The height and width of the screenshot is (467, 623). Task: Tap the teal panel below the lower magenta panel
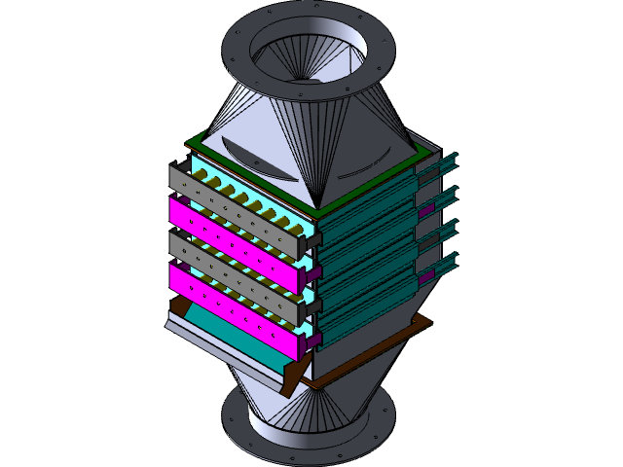pyautogui.click(x=234, y=337)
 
